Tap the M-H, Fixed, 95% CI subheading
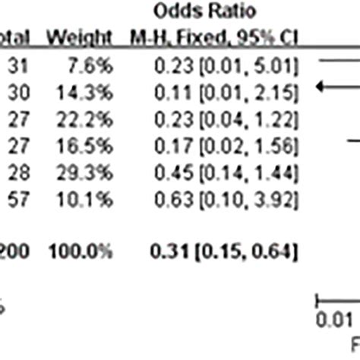pyautogui.click(x=216, y=37)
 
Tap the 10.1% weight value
pyautogui.click(x=92, y=198)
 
